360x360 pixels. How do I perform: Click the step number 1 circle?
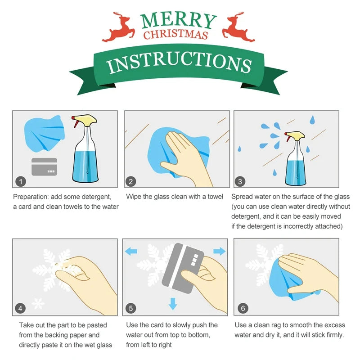[21, 181]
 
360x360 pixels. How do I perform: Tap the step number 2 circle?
[131, 181]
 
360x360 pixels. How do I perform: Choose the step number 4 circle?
[21, 308]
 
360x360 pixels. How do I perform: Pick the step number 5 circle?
[131, 308]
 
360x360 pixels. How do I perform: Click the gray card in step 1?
[44, 166]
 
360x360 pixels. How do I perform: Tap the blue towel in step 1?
[44, 133]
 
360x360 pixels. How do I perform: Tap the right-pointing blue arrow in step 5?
[219, 250]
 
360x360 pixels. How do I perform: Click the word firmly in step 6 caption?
[332, 335]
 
